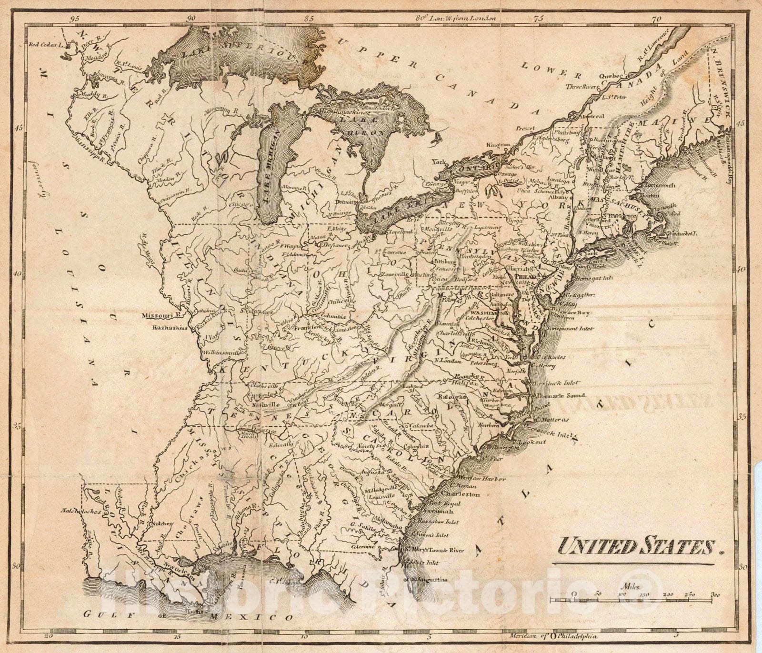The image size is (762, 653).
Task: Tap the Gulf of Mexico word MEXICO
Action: click(269, 618)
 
